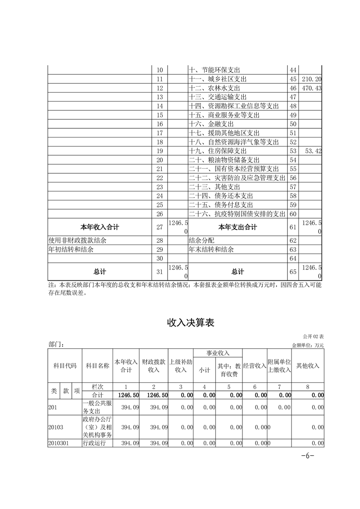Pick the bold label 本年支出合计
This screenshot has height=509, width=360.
[x=237, y=227]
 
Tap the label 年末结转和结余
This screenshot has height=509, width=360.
[x=211, y=250]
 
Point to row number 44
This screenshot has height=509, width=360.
[x=292, y=70]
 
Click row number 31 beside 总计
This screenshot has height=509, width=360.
[x=159, y=272]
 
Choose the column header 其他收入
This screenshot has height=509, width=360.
[x=307, y=366]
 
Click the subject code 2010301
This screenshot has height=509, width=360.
[x=58, y=443]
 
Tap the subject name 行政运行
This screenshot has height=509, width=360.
[x=94, y=443]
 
